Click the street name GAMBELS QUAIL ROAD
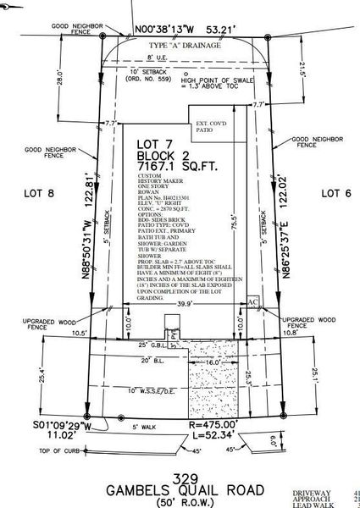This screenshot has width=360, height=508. pyautogui.click(x=180, y=489)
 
